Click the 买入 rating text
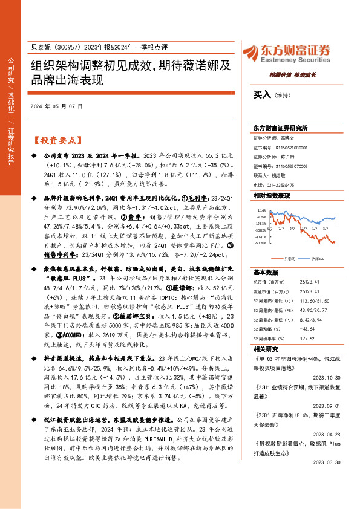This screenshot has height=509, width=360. pyautogui.click(x=262, y=94)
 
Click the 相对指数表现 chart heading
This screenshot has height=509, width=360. pyautogui.click(x=271, y=196)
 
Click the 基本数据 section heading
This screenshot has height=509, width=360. pyautogui.click(x=265, y=272)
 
